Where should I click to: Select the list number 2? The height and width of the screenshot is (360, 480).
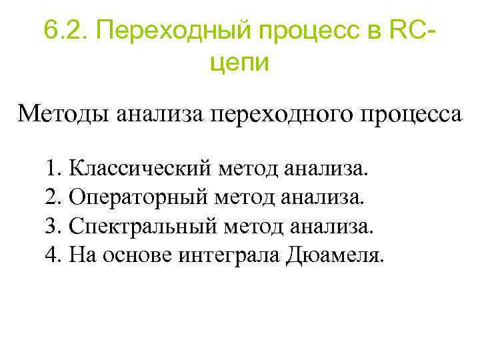[x=54, y=197]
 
